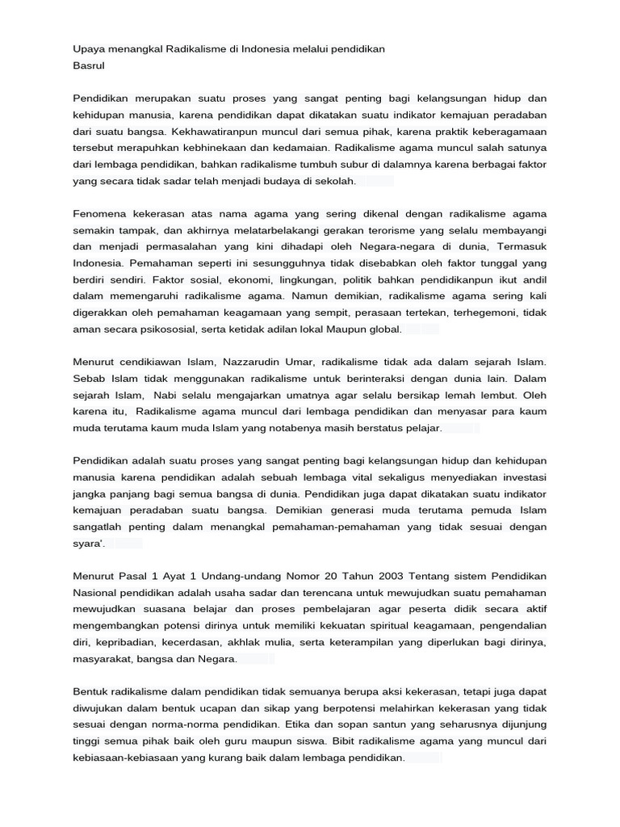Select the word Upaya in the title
tap(90, 48)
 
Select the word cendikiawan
tap(149, 362)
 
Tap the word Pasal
tap(136, 576)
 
